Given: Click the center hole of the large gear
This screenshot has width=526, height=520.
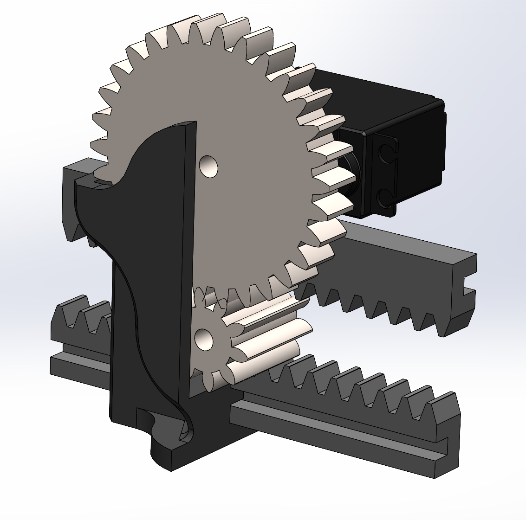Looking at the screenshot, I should pos(208,166).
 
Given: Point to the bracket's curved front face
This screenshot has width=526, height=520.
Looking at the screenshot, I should pos(149,278).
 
